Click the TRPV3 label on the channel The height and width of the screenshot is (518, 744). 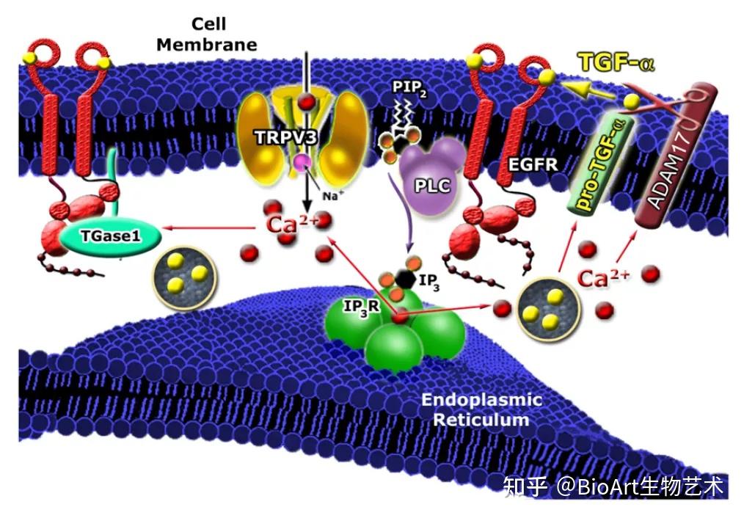point(285,137)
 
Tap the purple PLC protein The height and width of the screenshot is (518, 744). point(430,177)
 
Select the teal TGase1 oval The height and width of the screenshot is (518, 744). point(111,236)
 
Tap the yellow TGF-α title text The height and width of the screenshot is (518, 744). point(616,62)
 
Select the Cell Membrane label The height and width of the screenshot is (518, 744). point(207,34)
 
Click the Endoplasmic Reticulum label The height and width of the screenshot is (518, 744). point(481,409)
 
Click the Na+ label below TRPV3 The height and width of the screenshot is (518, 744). point(330,194)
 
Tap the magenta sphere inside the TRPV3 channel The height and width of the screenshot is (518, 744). point(302,163)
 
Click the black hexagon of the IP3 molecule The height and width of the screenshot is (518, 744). point(405,279)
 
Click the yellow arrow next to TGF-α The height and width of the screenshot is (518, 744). point(588,90)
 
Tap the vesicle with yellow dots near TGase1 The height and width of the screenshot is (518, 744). point(185,278)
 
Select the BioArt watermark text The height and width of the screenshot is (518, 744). point(613,486)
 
